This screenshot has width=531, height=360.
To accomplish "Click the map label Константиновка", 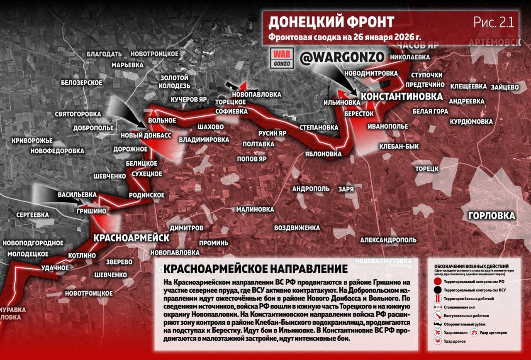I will (401, 96).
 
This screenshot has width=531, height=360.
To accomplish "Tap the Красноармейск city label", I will (132, 238).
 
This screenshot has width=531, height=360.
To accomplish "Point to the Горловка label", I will (491, 216).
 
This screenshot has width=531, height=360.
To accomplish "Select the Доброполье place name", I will (93, 128).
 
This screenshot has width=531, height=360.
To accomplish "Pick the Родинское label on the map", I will (146, 195).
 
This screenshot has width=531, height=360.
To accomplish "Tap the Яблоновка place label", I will (323, 154).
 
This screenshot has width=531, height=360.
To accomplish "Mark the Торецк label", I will (427, 169).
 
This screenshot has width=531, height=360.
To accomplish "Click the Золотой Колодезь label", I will (174, 82).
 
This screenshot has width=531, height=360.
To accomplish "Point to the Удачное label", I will (55, 268).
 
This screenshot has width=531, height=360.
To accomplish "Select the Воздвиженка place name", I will (297, 228).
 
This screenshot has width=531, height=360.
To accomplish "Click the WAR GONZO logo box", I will (282, 58).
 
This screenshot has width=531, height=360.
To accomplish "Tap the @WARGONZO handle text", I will (341, 58).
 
